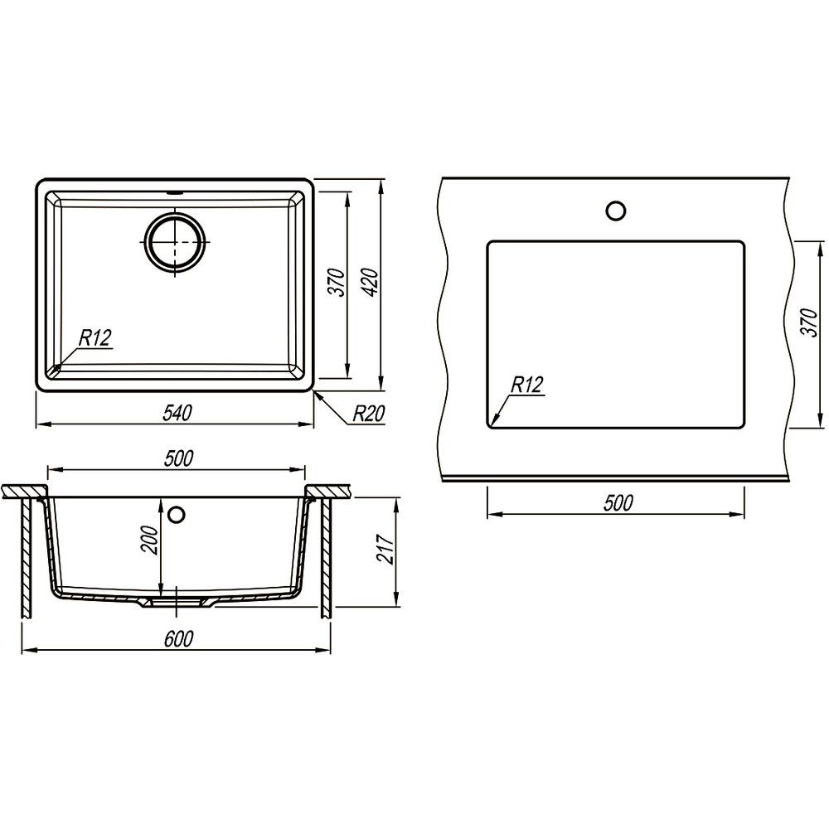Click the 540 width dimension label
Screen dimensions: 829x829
click(x=177, y=413)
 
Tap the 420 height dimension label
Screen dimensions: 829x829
click(x=371, y=283)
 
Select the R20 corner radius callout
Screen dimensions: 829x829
click(x=369, y=414)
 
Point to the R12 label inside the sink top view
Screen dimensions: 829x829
click(x=95, y=337)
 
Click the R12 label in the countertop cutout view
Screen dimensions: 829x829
click(x=526, y=385)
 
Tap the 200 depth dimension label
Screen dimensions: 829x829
click(x=149, y=540)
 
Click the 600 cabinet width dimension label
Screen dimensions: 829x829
click(x=179, y=638)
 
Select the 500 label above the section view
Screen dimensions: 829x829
click(x=179, y=458)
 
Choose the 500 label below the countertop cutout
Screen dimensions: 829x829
click(x=618, y=503)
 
